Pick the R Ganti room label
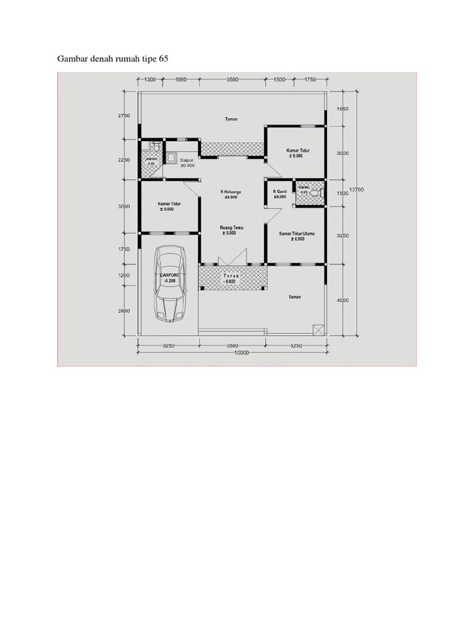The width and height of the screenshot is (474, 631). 280,193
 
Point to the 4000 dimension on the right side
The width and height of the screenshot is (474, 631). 343,300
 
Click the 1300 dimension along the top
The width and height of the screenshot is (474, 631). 149,79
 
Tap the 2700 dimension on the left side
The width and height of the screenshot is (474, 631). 123,115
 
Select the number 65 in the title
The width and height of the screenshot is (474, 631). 163,59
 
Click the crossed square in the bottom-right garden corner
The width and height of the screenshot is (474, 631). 318,330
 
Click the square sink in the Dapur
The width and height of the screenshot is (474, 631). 170,157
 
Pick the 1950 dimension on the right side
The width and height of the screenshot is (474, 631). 343,109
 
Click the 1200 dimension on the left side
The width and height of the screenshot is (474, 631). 123,275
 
